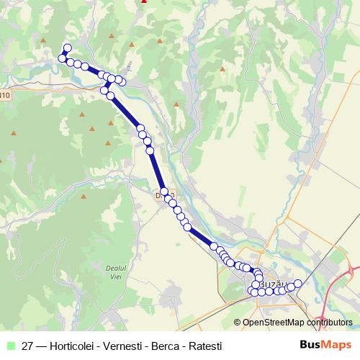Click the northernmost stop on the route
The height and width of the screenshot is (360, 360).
click(68, 48)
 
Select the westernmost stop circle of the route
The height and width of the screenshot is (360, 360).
click(63, 58)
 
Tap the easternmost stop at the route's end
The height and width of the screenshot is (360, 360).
click(297, 284)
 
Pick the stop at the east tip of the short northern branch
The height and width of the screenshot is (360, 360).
click(122, 81)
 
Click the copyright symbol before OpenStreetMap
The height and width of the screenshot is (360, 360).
click(238, 323)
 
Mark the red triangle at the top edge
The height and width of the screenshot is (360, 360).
click(144, 1)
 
